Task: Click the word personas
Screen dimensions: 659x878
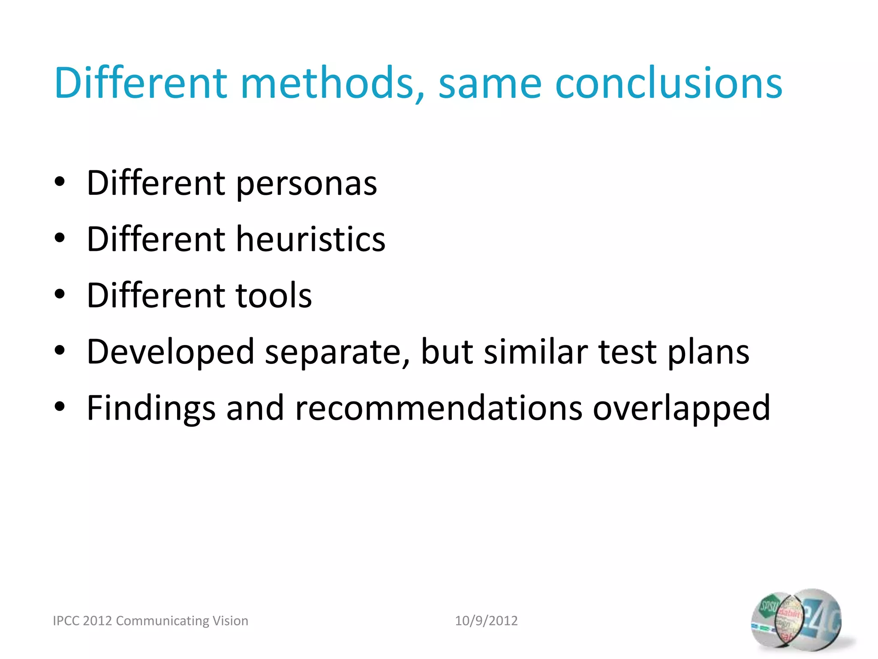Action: tap(307, 184)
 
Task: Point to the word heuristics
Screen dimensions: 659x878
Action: tap(311, 239)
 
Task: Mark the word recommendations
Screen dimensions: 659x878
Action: tap(439, 408)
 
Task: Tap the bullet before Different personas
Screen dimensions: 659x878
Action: tap(60, 182)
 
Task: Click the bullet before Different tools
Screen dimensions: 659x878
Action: tap(60, 295)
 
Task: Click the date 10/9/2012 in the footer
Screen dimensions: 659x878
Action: tap(486, 621)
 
